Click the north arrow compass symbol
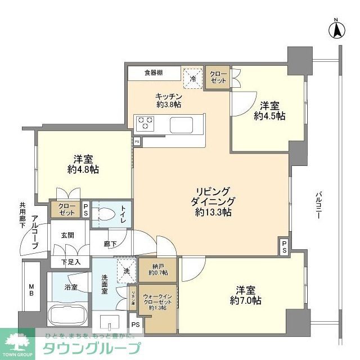pos(336,30)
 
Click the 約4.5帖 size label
pos(269,116)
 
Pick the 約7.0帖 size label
pos(245,301)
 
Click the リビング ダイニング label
pos(214,197)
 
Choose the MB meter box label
pos(31,291)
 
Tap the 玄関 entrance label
pos(67,235)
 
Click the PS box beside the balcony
pos(285,245)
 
